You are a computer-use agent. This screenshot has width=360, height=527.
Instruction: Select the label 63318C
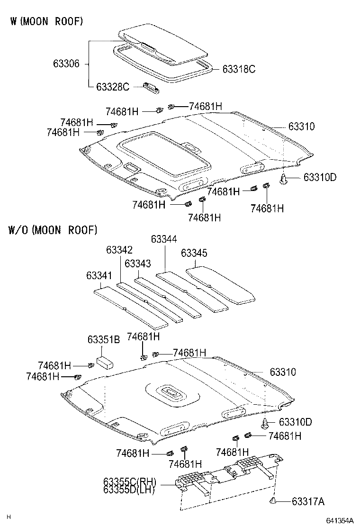click(x=239, y=69)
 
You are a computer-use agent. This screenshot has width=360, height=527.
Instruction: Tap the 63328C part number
click(x=112, y=87)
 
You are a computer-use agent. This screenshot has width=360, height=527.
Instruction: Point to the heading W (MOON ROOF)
click(x=46, y=21)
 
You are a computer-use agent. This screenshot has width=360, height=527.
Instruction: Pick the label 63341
click(x=99, y=275)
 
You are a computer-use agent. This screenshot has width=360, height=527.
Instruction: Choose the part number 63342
click(x=119, y=250)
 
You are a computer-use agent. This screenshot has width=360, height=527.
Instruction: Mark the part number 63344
click(x=164, y=239)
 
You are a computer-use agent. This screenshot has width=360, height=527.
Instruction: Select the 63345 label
click(x=194, y=254)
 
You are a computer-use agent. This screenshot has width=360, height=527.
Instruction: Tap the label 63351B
click(x=104, y=339)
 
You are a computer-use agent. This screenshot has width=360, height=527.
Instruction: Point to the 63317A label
click(x=308, y=501)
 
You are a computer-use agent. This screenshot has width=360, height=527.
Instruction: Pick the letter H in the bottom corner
click(x=8, y=517)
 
